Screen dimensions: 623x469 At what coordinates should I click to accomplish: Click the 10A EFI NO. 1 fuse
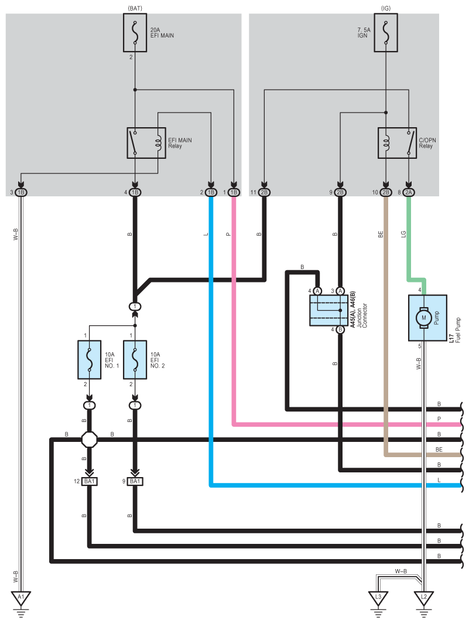(90, 359)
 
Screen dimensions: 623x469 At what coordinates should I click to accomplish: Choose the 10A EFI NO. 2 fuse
(135, 359)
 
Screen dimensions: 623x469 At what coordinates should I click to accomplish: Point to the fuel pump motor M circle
(422, 318)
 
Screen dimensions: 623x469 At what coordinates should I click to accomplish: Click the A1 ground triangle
(21, 598)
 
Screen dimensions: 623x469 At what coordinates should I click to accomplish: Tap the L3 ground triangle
(378, 598)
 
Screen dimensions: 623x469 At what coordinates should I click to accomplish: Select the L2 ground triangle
(424, 598)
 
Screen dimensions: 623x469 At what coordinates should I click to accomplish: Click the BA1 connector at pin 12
(90, 482)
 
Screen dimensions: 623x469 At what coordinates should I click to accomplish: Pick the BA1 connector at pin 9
(135, 482)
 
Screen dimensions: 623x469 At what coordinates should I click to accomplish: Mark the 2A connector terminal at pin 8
(409, 192)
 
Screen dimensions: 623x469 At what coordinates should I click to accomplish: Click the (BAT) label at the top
(135, 7)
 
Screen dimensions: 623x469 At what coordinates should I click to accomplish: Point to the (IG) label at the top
(386, 7)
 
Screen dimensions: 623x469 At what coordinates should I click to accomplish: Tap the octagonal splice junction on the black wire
(90, 439)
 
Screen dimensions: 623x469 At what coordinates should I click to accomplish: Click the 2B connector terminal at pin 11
(265, 192)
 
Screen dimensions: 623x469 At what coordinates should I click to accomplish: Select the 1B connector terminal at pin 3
(21, 192)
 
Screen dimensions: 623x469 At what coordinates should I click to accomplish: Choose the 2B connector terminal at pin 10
(386, 192)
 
